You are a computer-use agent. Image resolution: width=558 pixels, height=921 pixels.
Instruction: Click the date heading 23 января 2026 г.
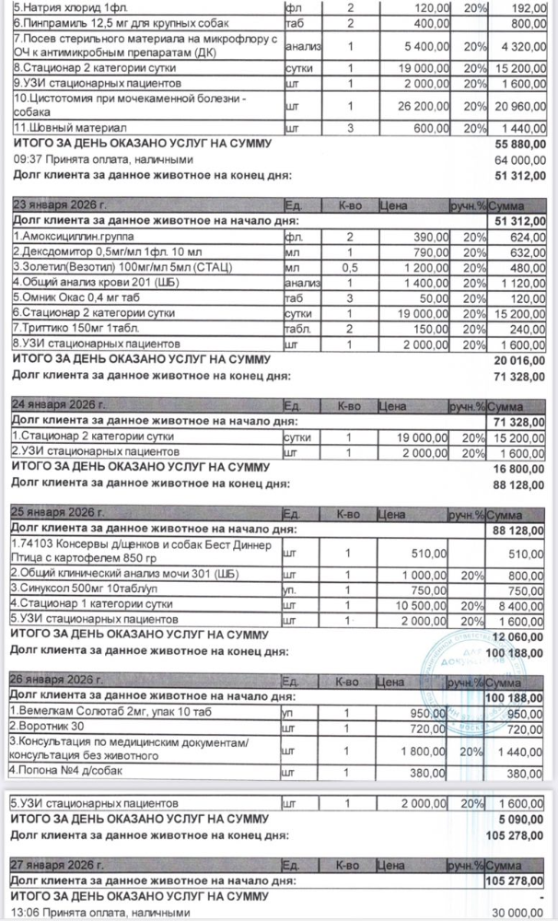[59, 206]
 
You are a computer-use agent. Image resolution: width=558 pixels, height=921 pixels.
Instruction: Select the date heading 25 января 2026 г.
[58, 511]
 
